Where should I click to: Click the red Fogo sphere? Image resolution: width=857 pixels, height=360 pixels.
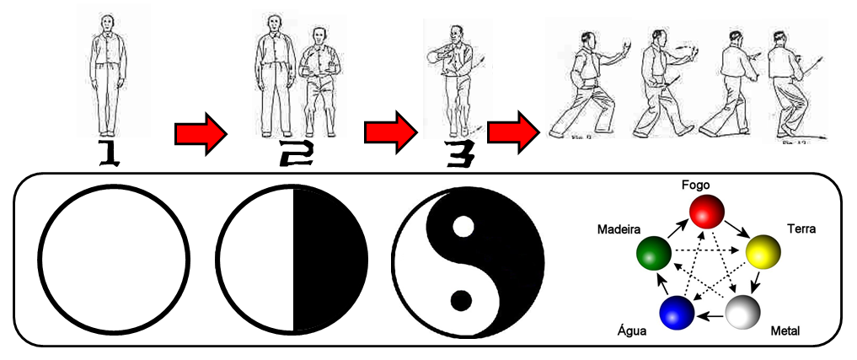pos(707,211)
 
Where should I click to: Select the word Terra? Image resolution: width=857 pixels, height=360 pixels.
pos(801,228)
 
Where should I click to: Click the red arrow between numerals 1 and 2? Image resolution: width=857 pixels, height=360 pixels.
pos(201,133)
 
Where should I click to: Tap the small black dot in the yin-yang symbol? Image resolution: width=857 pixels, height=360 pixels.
pos(460,298)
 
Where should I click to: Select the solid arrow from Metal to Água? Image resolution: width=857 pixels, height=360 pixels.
pos(710,317)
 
